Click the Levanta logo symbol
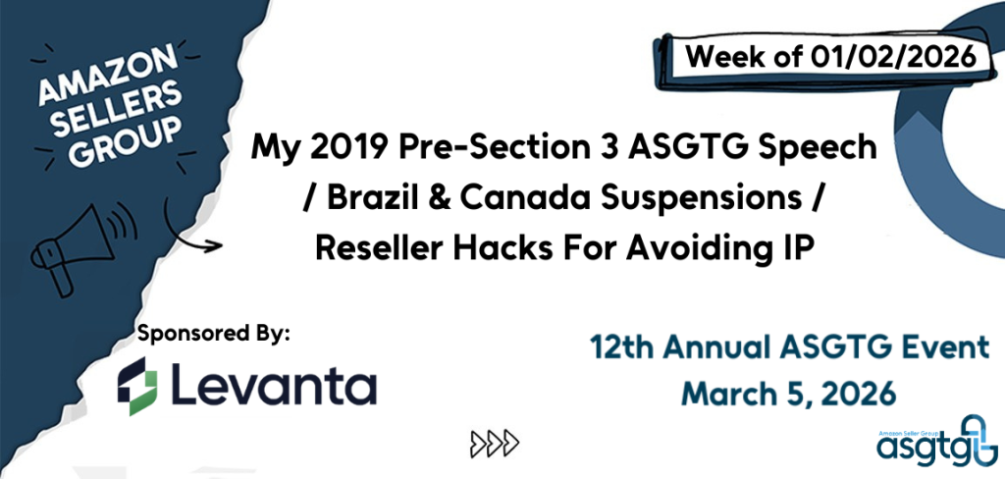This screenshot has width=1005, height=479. pyautogui.click(x=137, y=386)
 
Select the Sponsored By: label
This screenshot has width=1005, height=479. pyautogui.click(x=215, y=336)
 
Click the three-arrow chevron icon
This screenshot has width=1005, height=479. pyautogui.click(x=495, y=442)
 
